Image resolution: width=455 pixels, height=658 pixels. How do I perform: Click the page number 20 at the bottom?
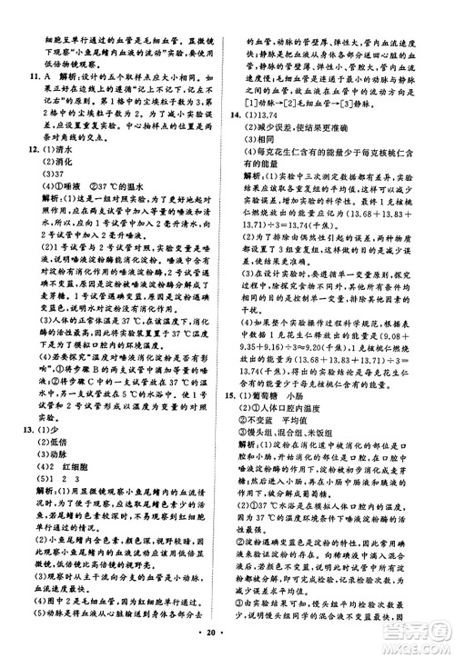pyautogui.click(x=229, y=642)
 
